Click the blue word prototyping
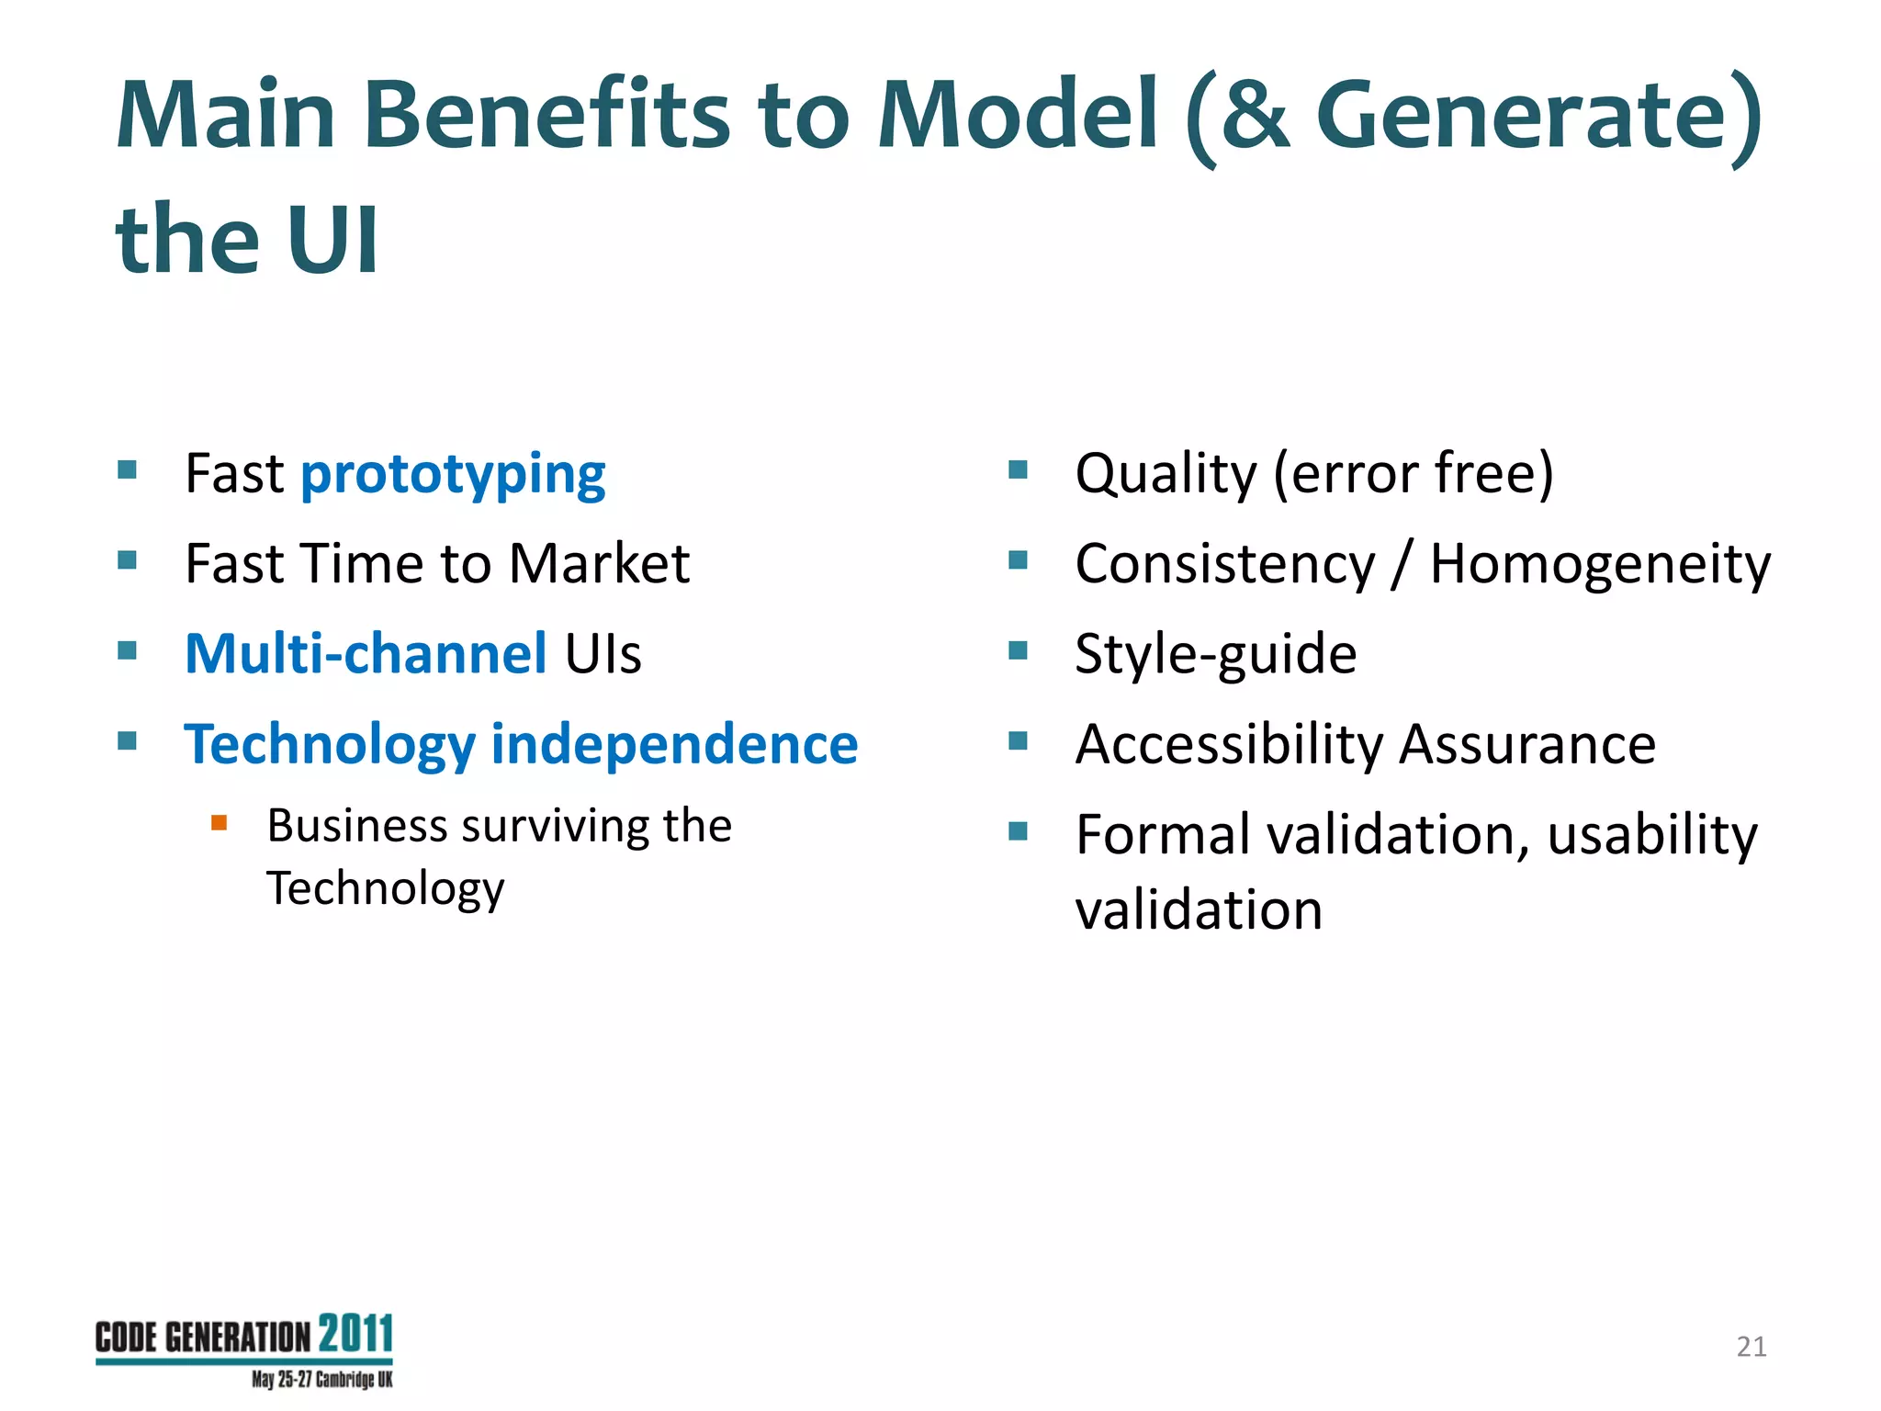(453, 476)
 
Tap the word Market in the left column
(599, 563)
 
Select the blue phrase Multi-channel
(366, 654)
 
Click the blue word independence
(674, 743)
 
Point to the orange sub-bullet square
(219, 822)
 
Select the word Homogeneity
(1600, 564)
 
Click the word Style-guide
(1215, 654)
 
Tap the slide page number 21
(1751, 1347)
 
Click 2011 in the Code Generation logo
(356, 1334)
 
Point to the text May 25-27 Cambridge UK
(321, 1380)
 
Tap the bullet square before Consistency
(1017, 560)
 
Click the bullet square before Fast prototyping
(127, 471)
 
